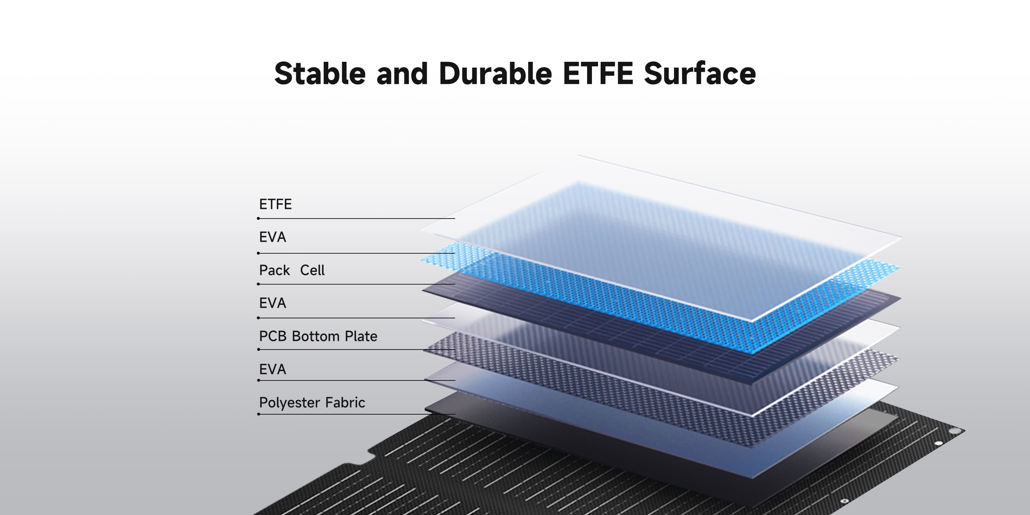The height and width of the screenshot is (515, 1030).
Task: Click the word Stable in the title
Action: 320,74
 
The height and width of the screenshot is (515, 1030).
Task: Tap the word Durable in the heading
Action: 495,74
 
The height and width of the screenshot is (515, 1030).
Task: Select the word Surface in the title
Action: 700,74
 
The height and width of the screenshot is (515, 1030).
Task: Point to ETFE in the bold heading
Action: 598,74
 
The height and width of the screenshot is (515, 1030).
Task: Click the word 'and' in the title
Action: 402,74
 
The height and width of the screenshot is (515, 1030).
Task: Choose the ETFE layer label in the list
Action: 276,204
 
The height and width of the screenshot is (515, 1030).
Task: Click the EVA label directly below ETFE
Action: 273,237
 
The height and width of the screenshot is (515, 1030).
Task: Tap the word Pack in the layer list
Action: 274,270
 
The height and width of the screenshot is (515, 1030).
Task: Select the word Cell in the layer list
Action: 312,270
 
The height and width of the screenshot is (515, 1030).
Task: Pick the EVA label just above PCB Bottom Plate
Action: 273,303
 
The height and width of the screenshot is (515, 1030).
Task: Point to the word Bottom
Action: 316,336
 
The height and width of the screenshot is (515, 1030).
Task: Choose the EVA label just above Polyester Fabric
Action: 273,369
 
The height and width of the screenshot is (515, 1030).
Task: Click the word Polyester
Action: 290,403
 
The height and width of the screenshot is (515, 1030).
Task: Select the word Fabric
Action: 345,402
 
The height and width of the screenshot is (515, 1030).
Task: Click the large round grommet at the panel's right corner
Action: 955,431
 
